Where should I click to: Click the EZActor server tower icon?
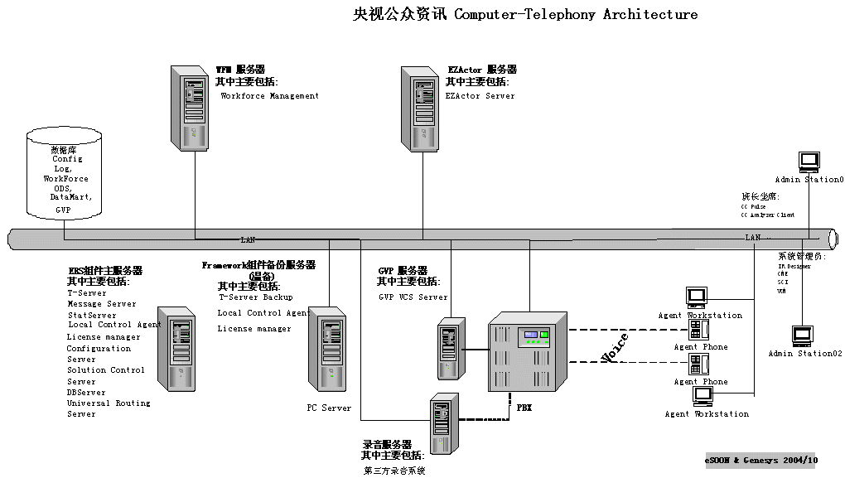click(x=419, y=108)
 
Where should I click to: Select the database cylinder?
click(x=64, y=175)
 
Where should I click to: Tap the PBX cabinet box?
click(x=528, y=353)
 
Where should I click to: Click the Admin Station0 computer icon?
click(x=809, y=162)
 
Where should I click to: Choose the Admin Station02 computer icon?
click(x=801, y=336)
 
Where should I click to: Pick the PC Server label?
click(x=329, y=408)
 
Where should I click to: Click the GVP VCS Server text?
click(x=413, y=297)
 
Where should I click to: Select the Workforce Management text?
click(x=269, y=96)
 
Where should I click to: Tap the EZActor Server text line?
click(x=480, y=96)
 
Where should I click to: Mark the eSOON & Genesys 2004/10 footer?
click(x=761, y=460)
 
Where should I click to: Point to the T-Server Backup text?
click(x=256, y=297)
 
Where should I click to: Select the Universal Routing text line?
click(x=109, y=403)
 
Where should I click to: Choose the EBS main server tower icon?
click(x=176, y=349)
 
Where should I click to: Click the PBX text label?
click(x=524, y=408)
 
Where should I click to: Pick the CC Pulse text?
click(x=753, y=206)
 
